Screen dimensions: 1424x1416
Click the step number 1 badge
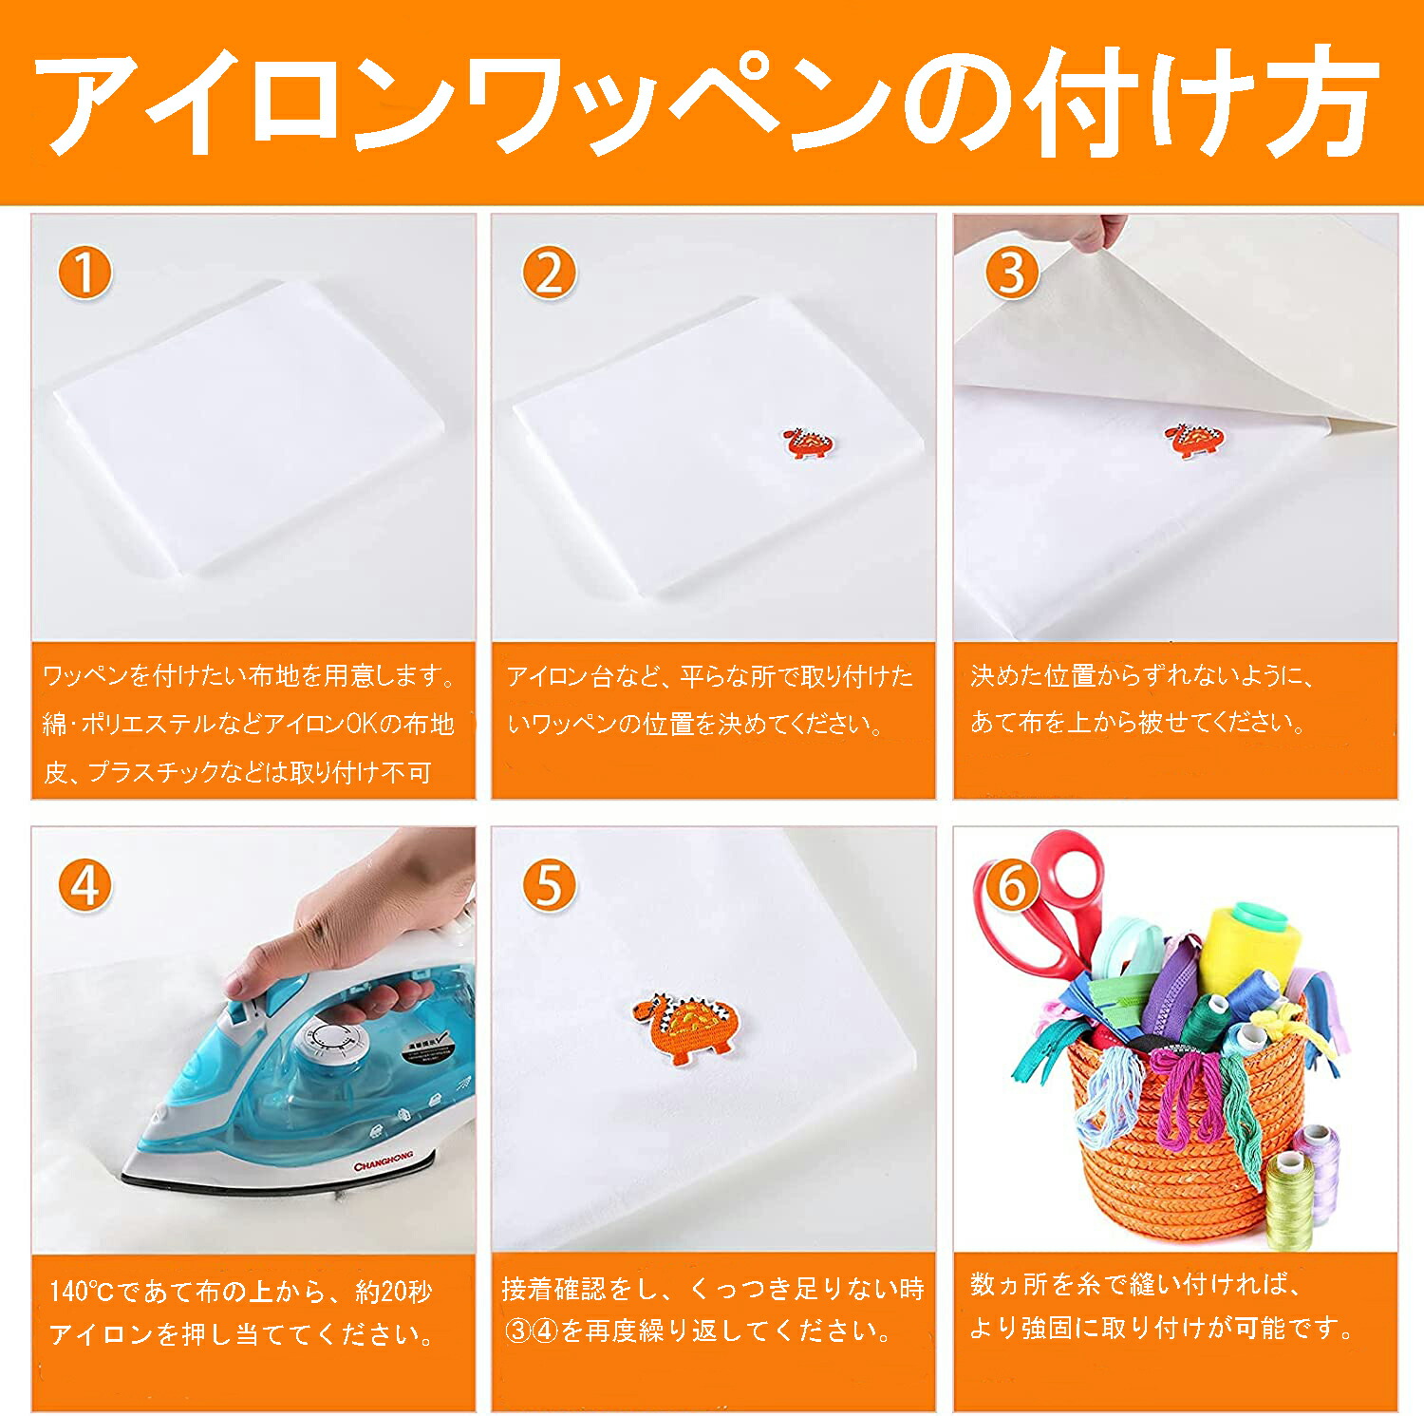coord(84,273)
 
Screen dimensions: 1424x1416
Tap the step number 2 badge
coord(549,273)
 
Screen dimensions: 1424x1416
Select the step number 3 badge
coord(1012,273)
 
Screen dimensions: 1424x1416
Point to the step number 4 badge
coord(84,885)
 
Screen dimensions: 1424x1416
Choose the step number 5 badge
coord(549,885)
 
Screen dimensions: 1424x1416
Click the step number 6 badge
coord(1012,885)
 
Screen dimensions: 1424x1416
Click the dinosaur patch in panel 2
coord(808,442)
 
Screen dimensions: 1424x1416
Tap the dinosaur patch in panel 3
coord(1193,441)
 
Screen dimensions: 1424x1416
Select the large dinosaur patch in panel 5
coord(685,1027)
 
